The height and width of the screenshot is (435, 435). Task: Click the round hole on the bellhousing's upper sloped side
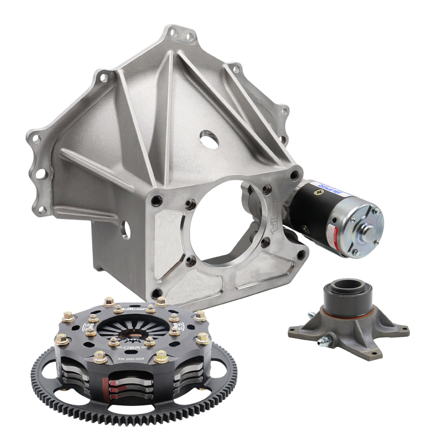(208, 142)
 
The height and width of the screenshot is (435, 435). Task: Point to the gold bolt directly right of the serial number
(161, 357)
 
